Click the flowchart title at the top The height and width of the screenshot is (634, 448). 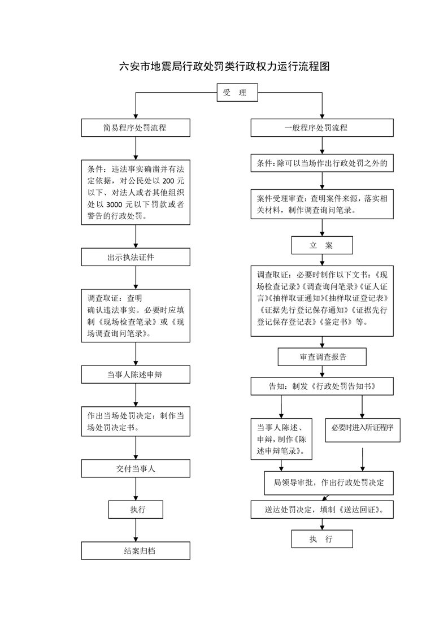(x=224, y=67)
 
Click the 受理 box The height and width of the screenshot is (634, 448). (x=237, y=93)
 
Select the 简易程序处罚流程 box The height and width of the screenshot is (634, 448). (x=135, y=128)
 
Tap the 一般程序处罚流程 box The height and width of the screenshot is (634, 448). (x=323, y=128)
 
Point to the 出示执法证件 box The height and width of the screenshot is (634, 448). (x=135, y=257)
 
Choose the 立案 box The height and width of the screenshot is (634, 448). (x=322, y=245)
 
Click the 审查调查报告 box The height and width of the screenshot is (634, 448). (x=322, y=357)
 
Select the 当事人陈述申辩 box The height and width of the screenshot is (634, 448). (x=135, y=374)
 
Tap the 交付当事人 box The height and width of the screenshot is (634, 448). (x=135, y=468)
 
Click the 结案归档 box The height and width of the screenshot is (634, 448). (x=135, y=550)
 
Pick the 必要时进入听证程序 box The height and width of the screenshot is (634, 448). (x=363, y=428)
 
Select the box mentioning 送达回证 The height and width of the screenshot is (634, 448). (x=322, y=510)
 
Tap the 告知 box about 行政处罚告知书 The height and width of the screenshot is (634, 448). (x=322, y=387)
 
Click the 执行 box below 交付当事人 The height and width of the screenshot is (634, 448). (x=136, y=510)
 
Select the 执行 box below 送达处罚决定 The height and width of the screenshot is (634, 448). (x=322, y=539)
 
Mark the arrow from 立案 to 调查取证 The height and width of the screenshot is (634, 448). (x=323, y=259)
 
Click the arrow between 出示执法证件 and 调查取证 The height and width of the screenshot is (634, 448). (x=136, y=277)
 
